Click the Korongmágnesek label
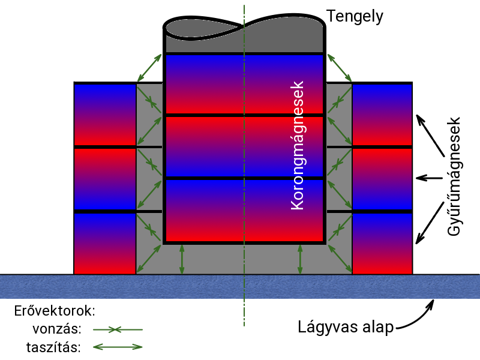(298, 145)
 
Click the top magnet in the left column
(105, 115)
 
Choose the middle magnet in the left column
(105, 179)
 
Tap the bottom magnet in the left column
(105, 244)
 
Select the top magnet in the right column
(382, 115)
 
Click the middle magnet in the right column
(382, 179)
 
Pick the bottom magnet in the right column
(382, 244)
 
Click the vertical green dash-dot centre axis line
(244, 312)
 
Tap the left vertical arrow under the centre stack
(182, 259)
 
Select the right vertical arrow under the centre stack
(300, 259)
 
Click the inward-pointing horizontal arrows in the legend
(118, 329)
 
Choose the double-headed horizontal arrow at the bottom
(118, 347)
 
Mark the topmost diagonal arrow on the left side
(149, 68)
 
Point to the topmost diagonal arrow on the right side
(340, 68)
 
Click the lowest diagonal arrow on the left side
(149, 259)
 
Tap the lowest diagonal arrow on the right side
(340, 259)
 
